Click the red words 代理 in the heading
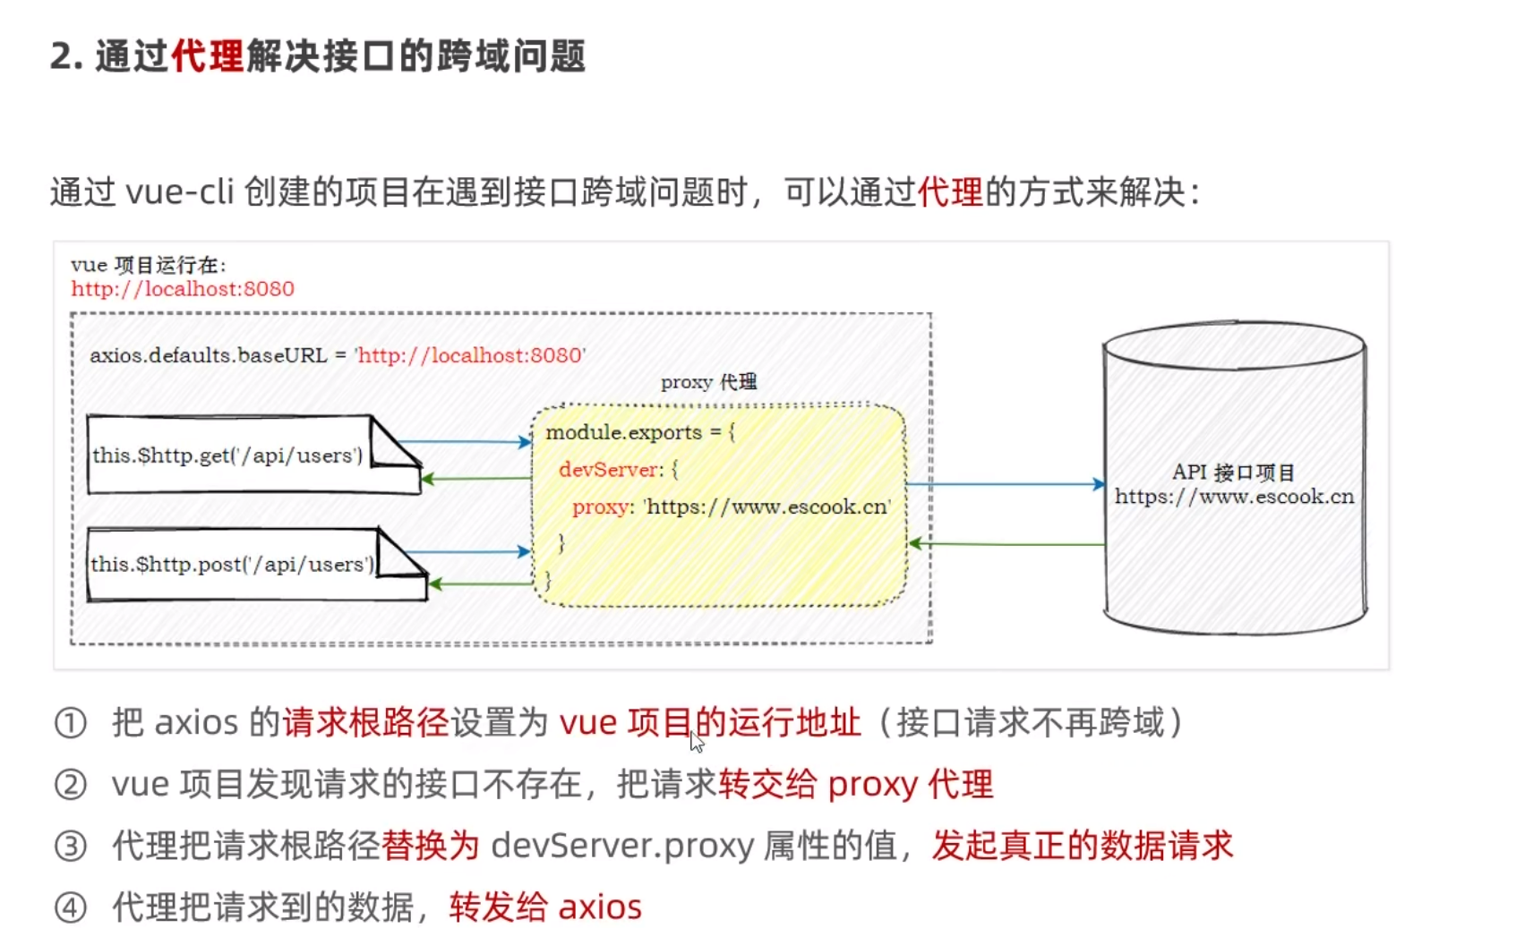(x=207, y=56)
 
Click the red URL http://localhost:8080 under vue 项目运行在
(x=183, y=289)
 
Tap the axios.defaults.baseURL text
(x=208, y=355)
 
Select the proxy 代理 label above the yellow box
(x=708, y=383)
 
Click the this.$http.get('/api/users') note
(x=228, y=455)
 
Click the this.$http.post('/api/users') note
(x=232, y=565)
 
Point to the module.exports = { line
(x=640, y=433)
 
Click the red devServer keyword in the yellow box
(x=609, y=470)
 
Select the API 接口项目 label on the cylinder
(x=1233, y=473)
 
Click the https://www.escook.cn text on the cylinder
(x=1234, y=497)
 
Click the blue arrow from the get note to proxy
(x=465, y=441)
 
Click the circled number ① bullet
(x=71, y=723)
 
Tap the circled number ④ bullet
(x=71, y=907)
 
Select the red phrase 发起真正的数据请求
(x=1082, y=846)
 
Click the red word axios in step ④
(x=600, y=907)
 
